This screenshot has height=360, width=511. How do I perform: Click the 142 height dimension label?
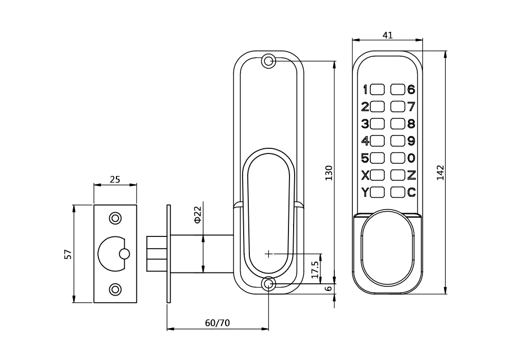(440, 173)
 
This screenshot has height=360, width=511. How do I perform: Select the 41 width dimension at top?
(388, 35)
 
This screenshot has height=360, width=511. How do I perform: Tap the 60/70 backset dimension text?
(217, 323)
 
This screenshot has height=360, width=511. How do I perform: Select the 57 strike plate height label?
(67, 254)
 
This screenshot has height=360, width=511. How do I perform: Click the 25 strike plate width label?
(115, 179)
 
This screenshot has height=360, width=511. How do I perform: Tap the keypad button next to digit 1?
(378, 90)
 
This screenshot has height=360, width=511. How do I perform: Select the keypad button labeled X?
(378, 175)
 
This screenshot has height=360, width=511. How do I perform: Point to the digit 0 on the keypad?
(411, 158)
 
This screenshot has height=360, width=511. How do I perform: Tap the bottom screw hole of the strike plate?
(115, 289)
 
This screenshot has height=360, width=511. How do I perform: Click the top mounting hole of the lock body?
(268, 61)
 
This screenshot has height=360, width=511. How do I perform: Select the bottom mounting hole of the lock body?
(268, 283)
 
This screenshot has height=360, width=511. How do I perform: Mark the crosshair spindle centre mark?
(268, 253)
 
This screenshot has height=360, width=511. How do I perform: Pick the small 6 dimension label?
(329, 289)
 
